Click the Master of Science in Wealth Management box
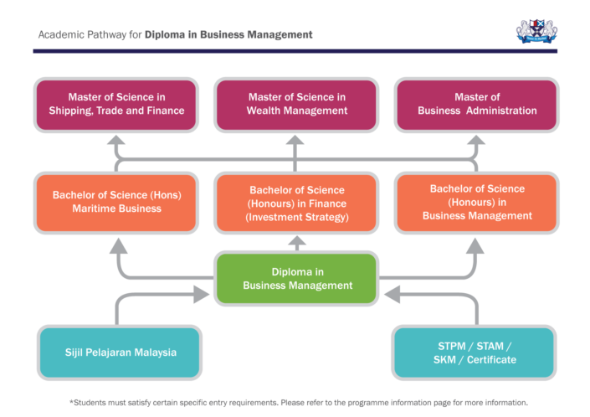pos(295,104)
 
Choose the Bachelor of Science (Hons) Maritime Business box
pos(116,203)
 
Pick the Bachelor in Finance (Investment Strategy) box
pos(295,203)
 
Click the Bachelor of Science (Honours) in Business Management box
pos(475,203)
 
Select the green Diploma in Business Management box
pos(297,278)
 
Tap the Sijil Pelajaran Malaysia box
pos(120,353)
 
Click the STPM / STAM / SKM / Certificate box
pos(475,353)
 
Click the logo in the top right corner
pos(536,32)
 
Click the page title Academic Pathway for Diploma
pos(176,35)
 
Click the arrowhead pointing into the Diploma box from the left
pos(201,293)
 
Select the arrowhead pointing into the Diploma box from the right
pos(392,293)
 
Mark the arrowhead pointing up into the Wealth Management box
pos(295,142)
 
